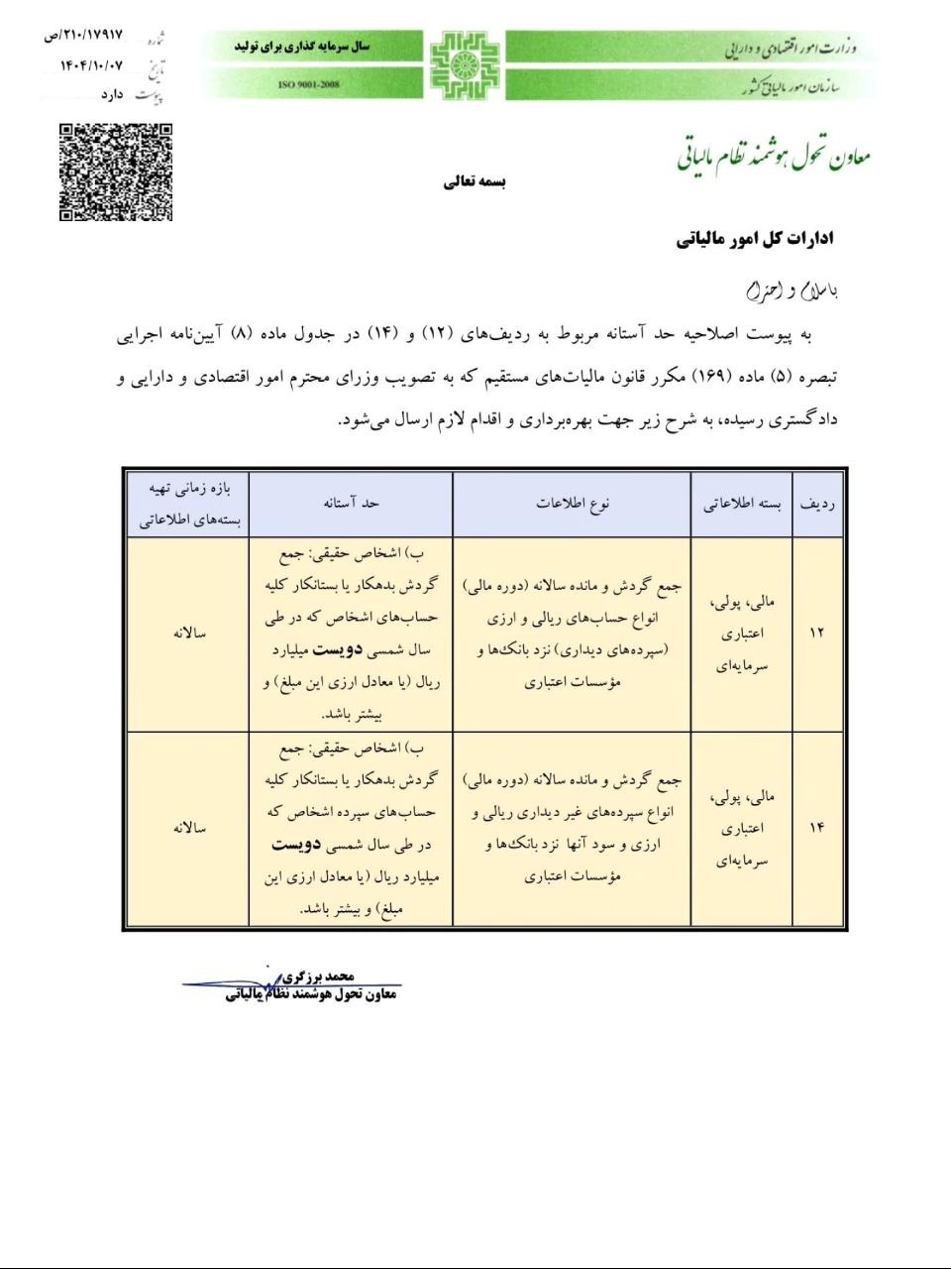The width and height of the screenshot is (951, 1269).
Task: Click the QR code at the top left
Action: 116,172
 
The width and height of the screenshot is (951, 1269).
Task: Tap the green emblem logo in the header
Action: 464,65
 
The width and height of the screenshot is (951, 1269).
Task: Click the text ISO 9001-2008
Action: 309,85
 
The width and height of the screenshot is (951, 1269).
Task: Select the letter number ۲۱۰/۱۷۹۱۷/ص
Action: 83,36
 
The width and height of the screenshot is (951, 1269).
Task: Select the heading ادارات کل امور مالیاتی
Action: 755,239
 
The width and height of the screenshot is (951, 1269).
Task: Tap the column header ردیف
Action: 817,504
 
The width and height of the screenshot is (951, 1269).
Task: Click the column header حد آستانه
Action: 351,504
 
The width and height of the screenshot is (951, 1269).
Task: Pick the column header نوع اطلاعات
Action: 573,504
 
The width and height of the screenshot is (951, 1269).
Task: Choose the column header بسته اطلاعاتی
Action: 742,504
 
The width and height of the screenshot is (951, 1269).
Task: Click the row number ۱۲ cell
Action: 817,633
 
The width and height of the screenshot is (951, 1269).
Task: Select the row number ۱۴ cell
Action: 817,828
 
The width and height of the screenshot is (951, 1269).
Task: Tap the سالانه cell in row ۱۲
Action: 188,633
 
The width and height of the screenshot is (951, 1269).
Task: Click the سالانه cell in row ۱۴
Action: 188,828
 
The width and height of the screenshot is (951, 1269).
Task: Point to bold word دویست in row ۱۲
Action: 337,650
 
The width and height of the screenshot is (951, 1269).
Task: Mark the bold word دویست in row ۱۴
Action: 296,845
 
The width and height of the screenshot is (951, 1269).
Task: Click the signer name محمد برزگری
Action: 317,977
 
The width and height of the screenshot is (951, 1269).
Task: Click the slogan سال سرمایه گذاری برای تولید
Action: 301,47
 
